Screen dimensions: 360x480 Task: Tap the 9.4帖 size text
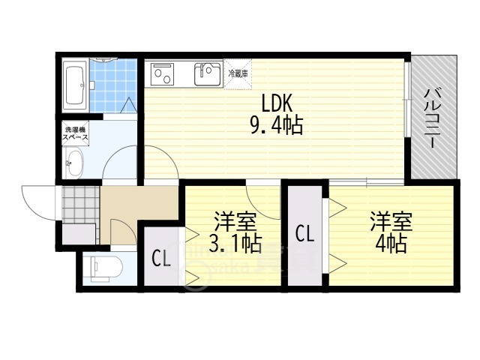coord(275,125)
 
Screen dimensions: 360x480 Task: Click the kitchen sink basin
coord(208,73)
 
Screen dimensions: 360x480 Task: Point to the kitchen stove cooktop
coord(163,72)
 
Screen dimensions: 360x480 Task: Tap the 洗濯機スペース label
coord(75,134)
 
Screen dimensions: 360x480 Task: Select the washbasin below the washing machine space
coord(73,163)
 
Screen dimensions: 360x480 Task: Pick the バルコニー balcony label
coord(433,117)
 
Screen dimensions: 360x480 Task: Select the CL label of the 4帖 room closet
coord(304,232)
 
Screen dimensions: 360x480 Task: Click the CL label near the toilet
coord(161,259)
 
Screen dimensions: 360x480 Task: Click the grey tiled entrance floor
coord(80,202)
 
